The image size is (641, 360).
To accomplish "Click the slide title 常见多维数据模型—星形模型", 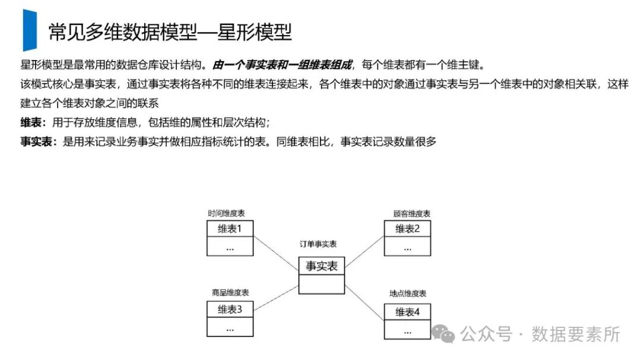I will pos(170,32).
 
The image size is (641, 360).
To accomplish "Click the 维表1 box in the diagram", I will pos(230,229).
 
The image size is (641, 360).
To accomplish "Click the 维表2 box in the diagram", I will pos(407,229).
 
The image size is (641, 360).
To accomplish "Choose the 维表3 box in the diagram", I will pos(230,310).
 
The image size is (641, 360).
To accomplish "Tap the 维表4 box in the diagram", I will pos(407,312).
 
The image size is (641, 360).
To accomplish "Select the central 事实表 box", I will pos(322,266).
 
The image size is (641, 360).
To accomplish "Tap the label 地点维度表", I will pos(408,294).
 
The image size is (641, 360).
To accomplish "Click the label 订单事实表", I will pos(319,244).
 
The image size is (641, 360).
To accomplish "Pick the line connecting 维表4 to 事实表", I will pos(364,300).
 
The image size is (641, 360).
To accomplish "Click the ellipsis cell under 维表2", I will pos(407,247).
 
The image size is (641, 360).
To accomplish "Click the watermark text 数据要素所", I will pos(576,334).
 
